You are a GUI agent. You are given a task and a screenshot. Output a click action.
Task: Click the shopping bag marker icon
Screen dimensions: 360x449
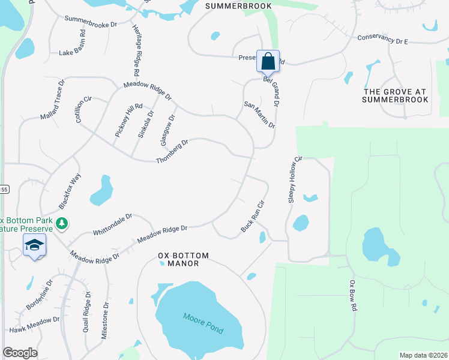[268, 61]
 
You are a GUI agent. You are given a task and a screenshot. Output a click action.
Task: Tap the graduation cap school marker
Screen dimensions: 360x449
[35, 245]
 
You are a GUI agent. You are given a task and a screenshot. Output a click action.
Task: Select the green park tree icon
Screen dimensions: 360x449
[61, 223]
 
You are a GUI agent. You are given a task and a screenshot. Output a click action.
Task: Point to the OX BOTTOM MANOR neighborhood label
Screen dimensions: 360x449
[184, 259]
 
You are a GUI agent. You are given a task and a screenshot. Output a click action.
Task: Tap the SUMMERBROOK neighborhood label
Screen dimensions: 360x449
[238, 6]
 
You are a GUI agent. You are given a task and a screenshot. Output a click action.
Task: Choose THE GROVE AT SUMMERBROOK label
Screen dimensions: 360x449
[395, 95]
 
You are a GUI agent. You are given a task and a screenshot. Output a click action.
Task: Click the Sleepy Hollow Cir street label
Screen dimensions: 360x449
[294, 181]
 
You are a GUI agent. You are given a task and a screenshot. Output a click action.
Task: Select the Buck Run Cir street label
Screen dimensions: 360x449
[252, 217]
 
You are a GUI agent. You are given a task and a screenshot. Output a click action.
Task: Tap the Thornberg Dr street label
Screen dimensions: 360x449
[172, 152]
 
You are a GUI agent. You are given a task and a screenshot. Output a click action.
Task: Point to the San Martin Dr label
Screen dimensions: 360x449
[259, 114]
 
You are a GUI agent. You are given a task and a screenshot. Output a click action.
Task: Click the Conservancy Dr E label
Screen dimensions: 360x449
[382, 39]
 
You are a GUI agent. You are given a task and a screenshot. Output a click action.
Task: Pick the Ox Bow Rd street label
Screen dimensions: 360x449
[354, 295]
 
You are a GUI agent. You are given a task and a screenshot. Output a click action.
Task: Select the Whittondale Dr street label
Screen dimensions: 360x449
[112, 224]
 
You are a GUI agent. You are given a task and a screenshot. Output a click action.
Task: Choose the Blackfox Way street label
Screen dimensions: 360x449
[70, 191]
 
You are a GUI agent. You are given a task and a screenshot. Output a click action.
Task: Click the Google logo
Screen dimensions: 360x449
[20, 353]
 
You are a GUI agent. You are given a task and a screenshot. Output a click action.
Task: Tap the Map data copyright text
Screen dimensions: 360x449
[423, 355]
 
